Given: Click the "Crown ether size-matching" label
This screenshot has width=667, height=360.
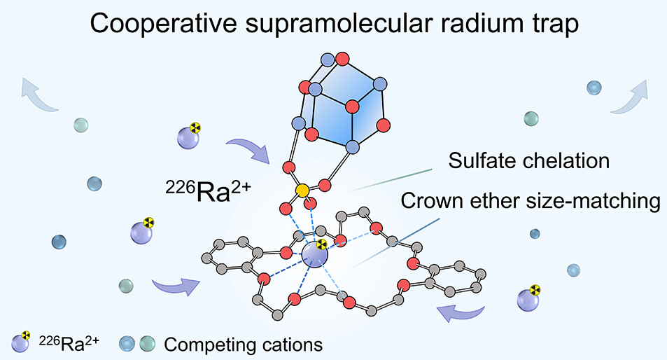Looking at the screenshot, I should coord(530,202).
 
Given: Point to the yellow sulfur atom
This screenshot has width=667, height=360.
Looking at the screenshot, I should coord(302,191).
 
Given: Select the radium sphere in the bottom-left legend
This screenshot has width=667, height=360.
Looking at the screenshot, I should coord(21,343).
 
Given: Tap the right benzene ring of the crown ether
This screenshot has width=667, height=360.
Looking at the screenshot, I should coord(461,275).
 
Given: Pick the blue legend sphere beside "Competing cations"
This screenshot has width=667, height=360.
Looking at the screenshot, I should coord(127,344).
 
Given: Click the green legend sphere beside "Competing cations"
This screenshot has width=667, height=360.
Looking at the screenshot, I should coord(147,344).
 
